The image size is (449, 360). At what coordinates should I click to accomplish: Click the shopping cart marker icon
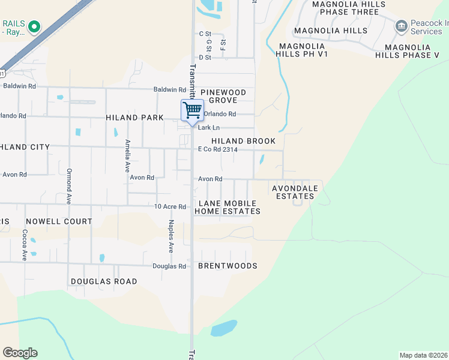[x=191, y=111]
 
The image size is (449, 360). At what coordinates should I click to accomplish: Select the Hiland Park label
[x=135, y=118]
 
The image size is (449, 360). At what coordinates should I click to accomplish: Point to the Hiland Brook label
[x=243, y=141]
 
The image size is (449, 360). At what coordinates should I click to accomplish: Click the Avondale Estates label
[x=295, y=192]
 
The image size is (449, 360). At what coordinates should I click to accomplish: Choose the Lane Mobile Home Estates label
[x=228, y=207]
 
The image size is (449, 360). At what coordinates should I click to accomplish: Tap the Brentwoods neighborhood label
[x=228, y=266]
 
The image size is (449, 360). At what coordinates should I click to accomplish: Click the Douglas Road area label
[x=104, y=281]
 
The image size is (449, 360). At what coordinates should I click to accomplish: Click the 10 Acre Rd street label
[x=170, y=206]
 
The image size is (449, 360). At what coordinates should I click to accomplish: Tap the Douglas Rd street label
[x=169, y=266]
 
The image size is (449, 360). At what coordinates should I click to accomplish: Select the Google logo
[x=20, y=353]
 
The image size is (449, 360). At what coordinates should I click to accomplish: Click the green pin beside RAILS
[x=34, y=26]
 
